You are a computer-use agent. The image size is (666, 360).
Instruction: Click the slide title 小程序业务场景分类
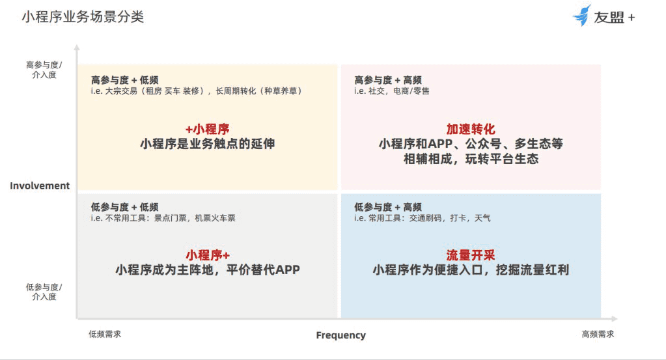83,17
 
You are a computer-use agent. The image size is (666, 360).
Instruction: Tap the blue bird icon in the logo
582,16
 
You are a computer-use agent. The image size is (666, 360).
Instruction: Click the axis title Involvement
40,186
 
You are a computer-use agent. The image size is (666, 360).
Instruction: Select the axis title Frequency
340,335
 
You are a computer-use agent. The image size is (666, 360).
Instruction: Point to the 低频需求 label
105,334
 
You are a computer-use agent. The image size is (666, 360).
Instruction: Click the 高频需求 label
598,334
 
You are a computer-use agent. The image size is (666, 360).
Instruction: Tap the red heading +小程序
207,129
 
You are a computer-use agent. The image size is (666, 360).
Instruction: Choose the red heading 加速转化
471,129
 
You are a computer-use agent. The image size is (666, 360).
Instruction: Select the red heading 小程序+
208,255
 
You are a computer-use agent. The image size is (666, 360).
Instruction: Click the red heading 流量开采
471,255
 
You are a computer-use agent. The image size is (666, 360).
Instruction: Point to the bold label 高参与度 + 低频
124,80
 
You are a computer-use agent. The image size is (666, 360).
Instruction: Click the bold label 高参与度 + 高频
388,80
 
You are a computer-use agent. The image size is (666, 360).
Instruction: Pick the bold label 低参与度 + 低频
124,207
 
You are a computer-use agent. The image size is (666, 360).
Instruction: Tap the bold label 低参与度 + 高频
388,207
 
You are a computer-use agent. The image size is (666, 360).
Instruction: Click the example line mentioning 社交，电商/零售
392,91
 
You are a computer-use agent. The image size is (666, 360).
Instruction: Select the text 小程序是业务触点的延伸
207,144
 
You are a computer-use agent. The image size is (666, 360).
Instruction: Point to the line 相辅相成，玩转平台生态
471,159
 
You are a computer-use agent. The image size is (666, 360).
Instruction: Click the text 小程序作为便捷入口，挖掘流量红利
471,270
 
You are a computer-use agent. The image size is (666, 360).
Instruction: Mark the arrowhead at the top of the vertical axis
77,47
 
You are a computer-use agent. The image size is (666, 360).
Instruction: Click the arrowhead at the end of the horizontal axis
614,318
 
